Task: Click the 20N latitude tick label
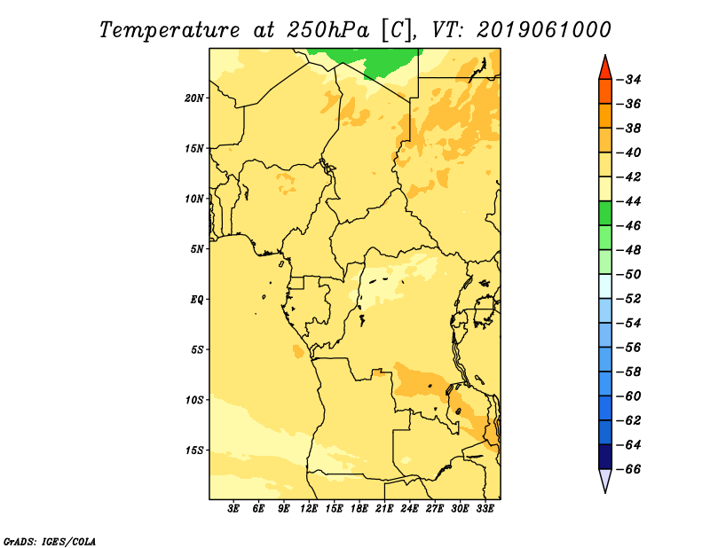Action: [x=193, y=98]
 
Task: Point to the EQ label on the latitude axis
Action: [x=196, y=300]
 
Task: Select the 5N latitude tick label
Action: [x=197, y=249]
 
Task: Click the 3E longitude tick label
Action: [x=233, y=508]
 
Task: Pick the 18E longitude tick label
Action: [x=359, y=508]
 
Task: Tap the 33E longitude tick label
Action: [x=485, y=508]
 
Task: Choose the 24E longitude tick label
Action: [x=409, y=508]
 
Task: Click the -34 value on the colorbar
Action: [x=629, y=80]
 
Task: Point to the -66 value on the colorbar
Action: [x=629, y=469]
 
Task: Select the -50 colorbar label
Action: [x=629, y=274]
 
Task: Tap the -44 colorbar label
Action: [x=629, y=201]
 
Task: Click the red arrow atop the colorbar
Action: [x=605, y=69]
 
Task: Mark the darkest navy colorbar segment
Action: [x=605, y=457]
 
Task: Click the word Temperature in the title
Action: [x=170, y=30]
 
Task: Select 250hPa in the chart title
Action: [x=327, y=30]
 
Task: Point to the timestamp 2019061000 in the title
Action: [x=544, y=30]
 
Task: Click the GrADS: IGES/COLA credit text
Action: [x=50, y=541]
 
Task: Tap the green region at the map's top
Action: [x=370, y=61]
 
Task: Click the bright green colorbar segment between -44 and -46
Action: [x=605, y=213]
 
